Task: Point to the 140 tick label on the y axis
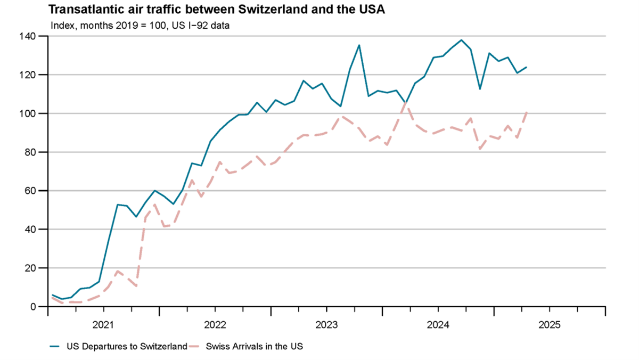29,36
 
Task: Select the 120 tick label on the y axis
29,75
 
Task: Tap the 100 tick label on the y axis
29,113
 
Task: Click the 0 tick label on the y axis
33,307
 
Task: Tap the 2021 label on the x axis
104,324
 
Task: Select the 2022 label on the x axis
215,324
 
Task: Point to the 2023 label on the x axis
327,324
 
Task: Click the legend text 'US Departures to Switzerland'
127,347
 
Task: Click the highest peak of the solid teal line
461,40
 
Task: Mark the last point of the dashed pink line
527,112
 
